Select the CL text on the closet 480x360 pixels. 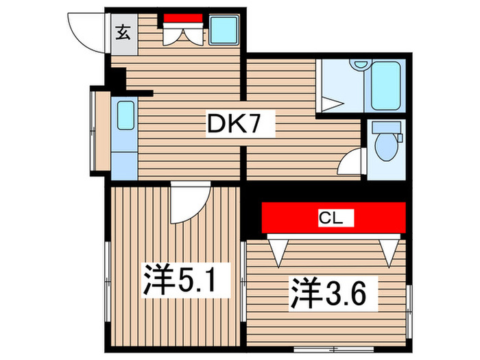point(333,219)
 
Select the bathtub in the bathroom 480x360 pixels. point(389,88)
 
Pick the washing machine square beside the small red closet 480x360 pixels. point(223,30)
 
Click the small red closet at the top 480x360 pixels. point(183,19)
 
